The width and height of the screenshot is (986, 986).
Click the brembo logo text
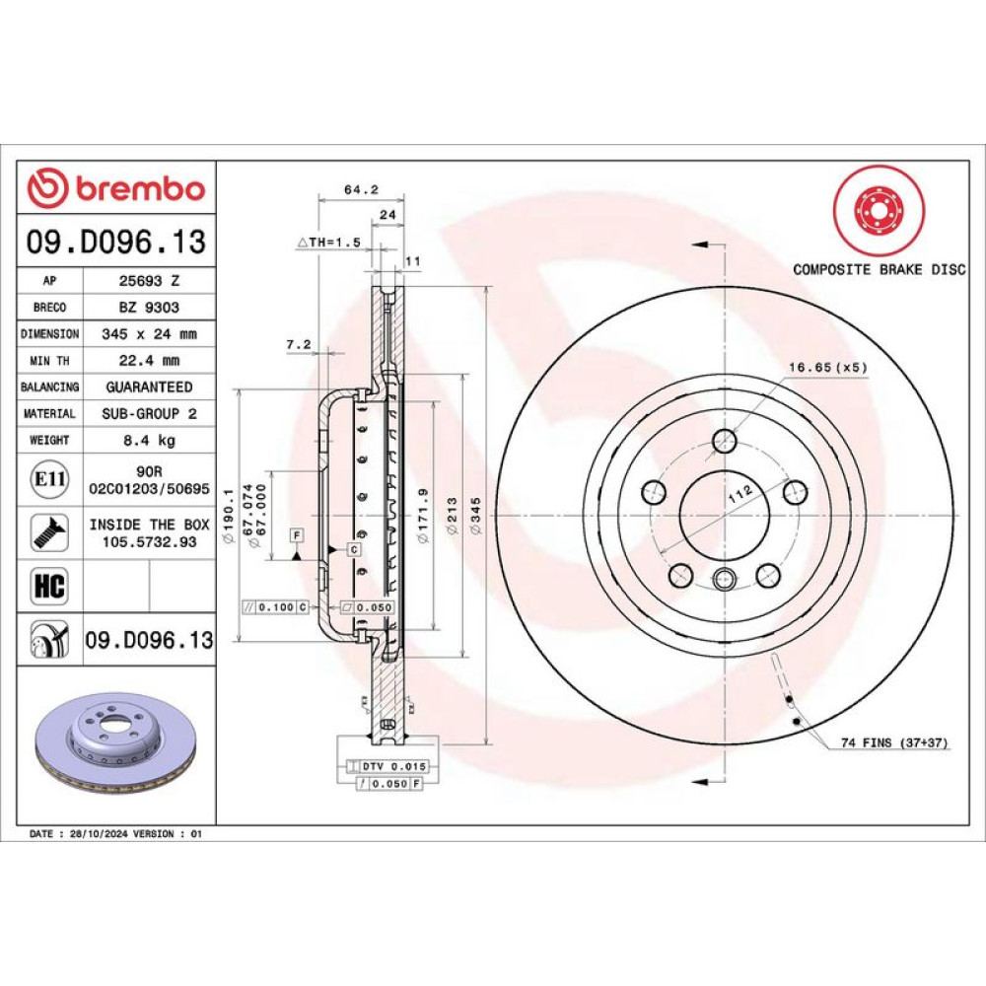140,188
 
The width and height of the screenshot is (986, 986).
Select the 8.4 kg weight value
149,440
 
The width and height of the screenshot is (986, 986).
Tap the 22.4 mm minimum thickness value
149,360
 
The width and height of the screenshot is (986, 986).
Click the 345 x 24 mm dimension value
149,334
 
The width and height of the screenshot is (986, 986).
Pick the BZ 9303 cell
149,307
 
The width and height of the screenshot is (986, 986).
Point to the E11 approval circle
49,479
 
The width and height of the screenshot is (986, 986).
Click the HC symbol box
49,586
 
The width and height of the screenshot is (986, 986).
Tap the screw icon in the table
49,532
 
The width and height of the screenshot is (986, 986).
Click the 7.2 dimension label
299,344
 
